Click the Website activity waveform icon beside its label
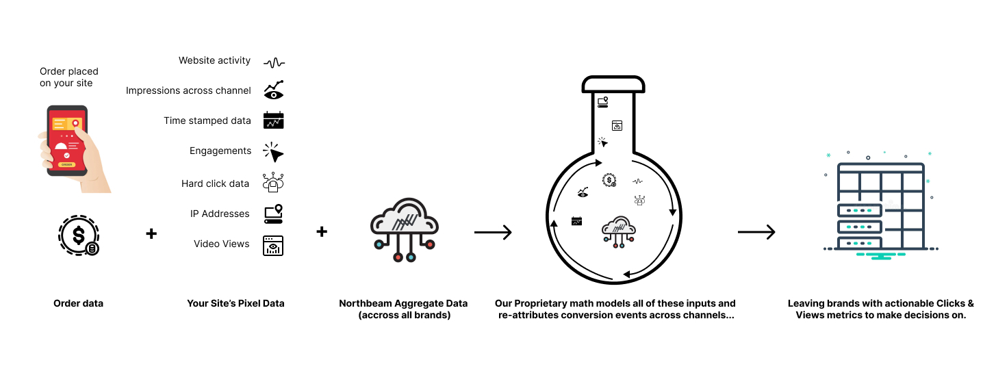point(274,62)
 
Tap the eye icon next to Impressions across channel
point(273,90)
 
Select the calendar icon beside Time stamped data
point(273,120)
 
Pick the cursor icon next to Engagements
point(273,151)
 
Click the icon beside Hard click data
point(273,182)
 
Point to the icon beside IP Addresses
point(273,214)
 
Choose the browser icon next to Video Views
point(273,245)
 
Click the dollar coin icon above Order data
point(79,235)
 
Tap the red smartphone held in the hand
point(66,140)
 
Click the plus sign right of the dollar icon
point(151,233)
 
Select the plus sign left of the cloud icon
point(322,232)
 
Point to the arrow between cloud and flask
point(493,233)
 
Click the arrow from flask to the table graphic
point(756,233)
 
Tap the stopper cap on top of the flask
point(613,84)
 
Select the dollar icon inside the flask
point(609,180)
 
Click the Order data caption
point(78,303)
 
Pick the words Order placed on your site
point(68,77)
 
